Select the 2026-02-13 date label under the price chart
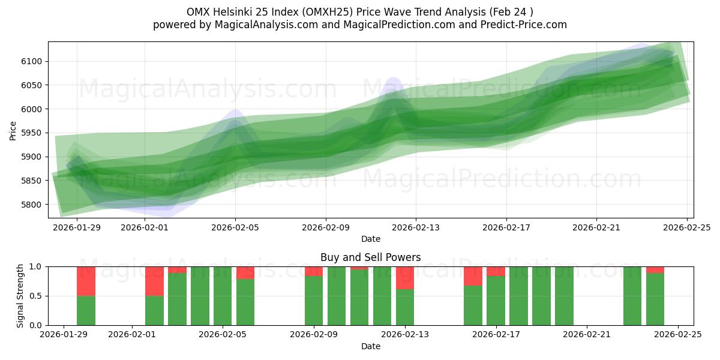tap(416, 227)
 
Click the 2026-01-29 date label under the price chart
tap(77, 227)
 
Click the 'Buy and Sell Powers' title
tap(370, 257)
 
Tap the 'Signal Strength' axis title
tap(20, 296)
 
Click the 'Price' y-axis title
tap(13, 130)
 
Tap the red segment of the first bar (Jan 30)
tap(86, 281)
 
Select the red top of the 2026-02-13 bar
tap(405, 278)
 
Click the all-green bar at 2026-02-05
tap(223, 296)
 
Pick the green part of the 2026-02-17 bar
tap(496, 300)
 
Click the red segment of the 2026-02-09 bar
tap(314, 271)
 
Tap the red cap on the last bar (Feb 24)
tap(655, 270)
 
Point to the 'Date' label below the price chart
tap(370, 239)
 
